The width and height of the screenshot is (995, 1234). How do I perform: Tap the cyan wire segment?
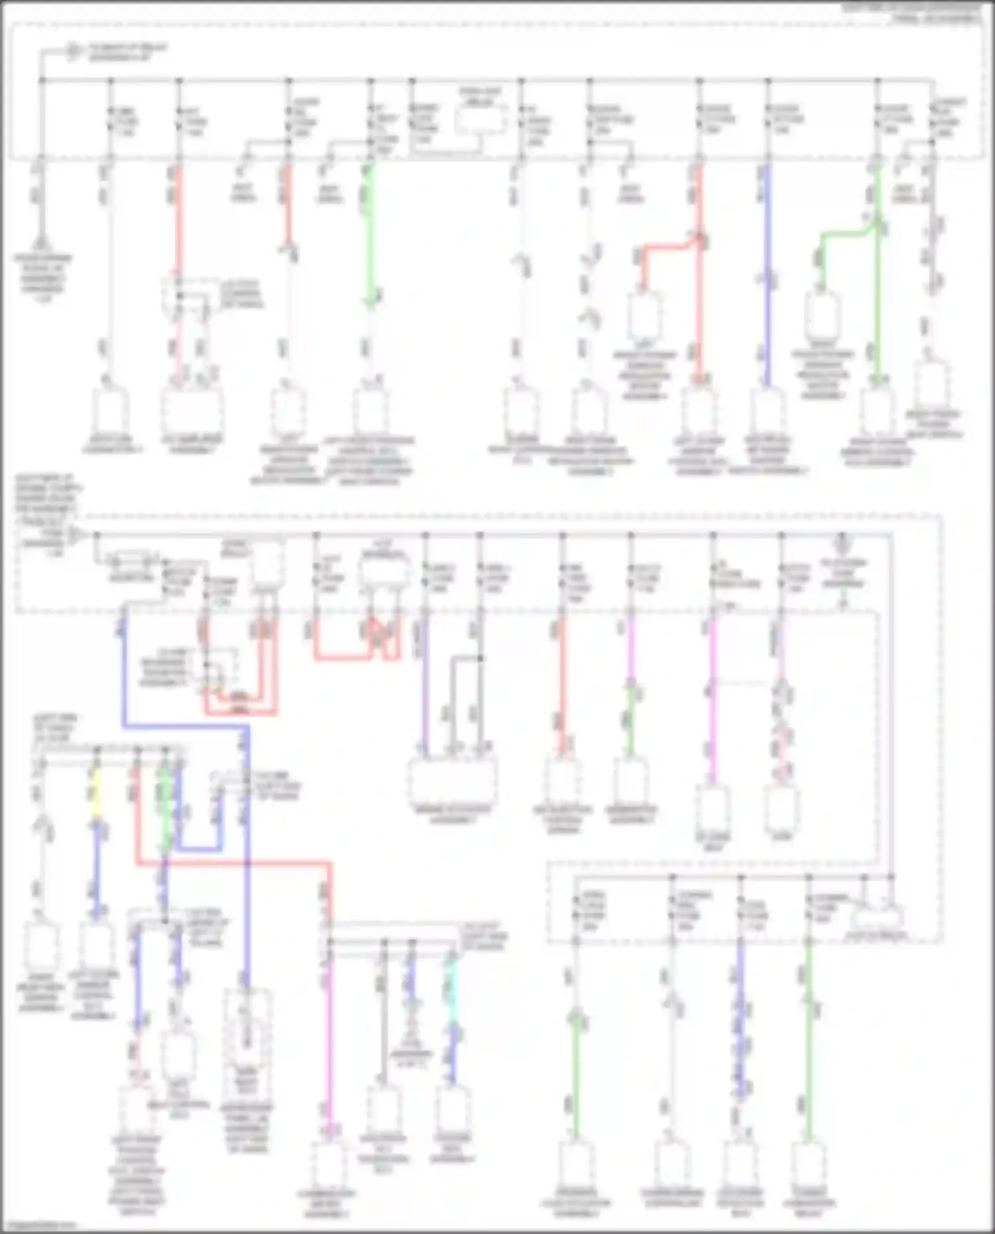coord(452,981)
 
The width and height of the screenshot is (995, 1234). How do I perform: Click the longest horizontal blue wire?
coord(186,727)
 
